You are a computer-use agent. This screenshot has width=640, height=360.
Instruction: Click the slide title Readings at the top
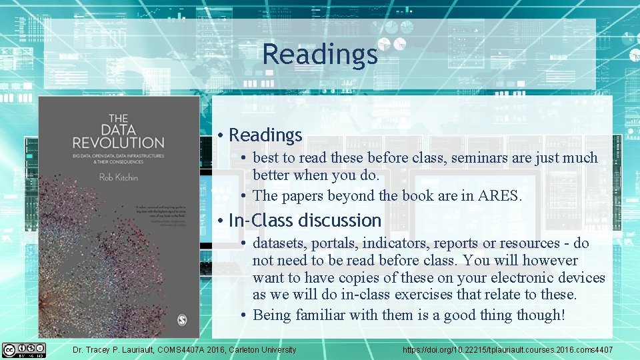click(x=319, y=54)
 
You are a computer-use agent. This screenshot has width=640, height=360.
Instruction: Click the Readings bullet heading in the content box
click(x=265, y=135)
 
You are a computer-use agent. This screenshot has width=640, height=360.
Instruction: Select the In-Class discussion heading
click(x=305, y=220)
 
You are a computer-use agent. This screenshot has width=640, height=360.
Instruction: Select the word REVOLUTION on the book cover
click(x=118, y=142)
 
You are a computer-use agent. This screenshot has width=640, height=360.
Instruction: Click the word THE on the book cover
click(x=118, y=113)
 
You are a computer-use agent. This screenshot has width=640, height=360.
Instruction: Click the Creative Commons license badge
click(x=24, y=350)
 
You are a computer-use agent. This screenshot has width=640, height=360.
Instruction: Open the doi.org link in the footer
click(x=507, y=350)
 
